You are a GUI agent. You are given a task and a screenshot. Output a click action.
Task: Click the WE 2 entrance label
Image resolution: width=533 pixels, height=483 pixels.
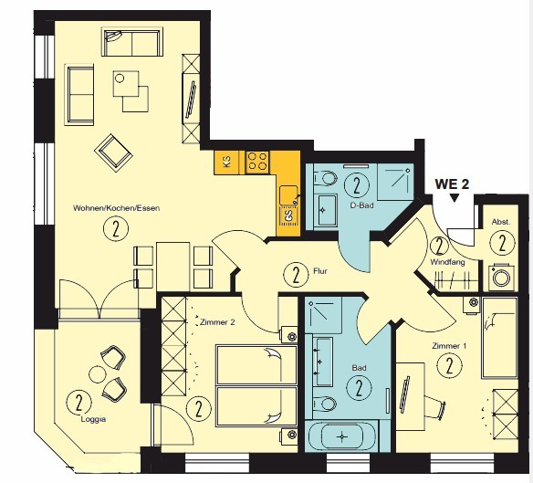452,184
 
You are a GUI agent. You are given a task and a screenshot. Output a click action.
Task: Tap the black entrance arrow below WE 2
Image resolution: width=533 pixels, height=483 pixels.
455,198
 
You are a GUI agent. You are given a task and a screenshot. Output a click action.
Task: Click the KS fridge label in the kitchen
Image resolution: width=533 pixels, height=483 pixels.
226,161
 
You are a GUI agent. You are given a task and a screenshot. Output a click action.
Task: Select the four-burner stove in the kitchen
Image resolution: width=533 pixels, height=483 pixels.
257,162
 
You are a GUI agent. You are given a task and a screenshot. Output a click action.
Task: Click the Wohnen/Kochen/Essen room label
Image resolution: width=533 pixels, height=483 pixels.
116,208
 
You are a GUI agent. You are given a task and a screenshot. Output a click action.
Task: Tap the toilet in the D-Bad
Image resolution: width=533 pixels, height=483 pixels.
325,178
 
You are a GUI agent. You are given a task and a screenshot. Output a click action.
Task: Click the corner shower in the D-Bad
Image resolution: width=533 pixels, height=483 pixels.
395,182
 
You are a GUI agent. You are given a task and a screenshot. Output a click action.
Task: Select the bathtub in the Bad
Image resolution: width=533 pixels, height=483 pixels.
341,436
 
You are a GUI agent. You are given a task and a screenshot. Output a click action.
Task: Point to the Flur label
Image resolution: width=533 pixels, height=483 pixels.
319,271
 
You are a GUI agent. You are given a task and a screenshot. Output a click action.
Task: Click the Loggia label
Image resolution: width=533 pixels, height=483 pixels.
93,419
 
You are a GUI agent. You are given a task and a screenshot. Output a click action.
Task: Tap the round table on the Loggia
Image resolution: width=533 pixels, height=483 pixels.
98,374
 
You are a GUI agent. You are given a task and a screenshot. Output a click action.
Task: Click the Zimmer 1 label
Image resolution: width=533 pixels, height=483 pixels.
449,346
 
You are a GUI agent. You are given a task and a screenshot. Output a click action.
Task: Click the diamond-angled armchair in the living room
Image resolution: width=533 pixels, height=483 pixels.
113,151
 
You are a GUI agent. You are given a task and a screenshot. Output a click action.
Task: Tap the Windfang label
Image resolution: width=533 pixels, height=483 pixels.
447,262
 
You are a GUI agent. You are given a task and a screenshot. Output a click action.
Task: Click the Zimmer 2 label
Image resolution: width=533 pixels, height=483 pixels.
217,321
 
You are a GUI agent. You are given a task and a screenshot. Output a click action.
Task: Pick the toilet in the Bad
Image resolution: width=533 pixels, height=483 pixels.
324,404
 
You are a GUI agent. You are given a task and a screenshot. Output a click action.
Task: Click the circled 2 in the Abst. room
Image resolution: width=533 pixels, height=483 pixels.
502,242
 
